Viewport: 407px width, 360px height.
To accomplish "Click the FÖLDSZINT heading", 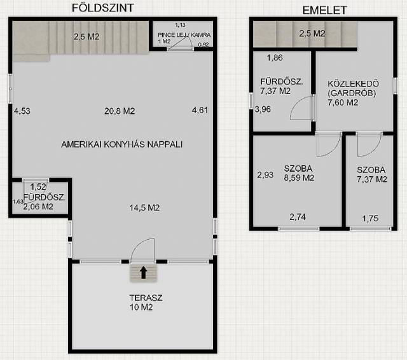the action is (103, 8).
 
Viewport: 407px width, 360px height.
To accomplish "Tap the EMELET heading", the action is (324, 10).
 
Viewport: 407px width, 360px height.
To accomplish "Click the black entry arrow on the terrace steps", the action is (143, 273).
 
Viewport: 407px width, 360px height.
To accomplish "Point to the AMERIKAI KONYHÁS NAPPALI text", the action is (121, 144).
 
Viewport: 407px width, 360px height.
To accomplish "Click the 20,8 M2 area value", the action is (120, 111).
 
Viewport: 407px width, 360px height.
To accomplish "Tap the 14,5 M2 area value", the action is (144, 208).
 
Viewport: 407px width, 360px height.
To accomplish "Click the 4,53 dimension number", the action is (22, 111).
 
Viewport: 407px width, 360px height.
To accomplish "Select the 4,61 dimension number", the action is (200, 111).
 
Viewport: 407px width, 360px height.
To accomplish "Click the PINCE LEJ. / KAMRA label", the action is (184, 35).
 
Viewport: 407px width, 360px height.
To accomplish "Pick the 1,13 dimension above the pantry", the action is (180, 25).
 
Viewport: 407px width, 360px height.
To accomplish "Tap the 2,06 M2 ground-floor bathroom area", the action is (38, 207).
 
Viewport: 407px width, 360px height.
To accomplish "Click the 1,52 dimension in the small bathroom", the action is (38, 186).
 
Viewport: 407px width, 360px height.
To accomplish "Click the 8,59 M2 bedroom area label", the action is (299, 178).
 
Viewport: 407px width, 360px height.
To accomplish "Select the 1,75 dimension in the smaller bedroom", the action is (370, 219).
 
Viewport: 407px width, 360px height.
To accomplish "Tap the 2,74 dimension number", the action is (298, 217).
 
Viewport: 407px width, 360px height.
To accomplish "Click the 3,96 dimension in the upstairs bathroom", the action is (263, 109).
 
